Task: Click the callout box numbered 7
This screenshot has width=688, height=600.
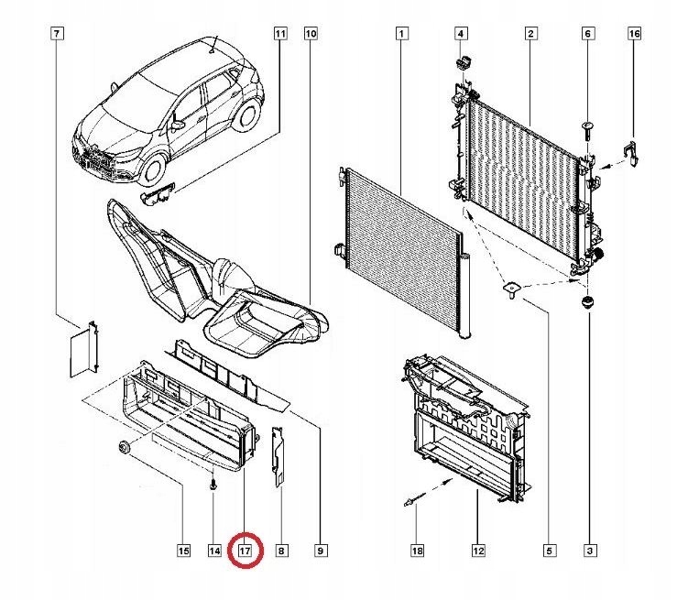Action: point(57,34)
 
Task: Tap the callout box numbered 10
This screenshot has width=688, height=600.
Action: point(310,34)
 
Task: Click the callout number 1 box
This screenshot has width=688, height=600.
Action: point(400,34)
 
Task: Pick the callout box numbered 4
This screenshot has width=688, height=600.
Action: point(461,34)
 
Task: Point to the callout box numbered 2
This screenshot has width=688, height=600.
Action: point(530,34)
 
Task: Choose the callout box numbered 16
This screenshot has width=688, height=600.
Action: point(633,34)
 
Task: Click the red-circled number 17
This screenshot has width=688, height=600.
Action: point(245,551)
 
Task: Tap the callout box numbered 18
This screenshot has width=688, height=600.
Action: point(417,551)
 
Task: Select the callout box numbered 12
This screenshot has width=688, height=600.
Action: point(477,551)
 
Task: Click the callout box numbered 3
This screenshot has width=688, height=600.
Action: point(589,551)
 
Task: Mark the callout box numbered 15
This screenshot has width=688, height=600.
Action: point(182,551)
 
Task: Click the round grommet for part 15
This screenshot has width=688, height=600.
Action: point(121,448)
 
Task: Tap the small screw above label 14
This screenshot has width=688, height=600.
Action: point(213,485)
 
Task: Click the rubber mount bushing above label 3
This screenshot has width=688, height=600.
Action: point(589,302)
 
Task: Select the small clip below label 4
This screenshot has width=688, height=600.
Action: point(462,62)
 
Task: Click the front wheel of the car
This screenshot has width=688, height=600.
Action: point(151,169)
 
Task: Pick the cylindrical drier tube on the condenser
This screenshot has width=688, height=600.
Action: point(465,293)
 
